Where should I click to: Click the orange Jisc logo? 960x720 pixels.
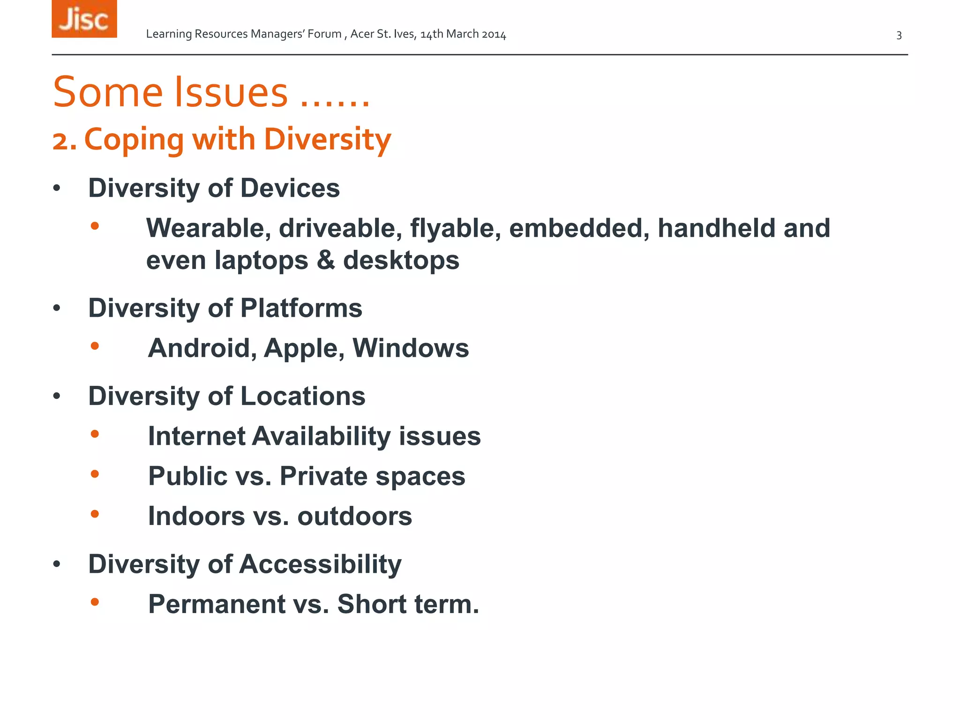pos(84,19)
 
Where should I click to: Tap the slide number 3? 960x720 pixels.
pos(899,36)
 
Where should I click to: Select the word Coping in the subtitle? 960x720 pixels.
pos(134,140)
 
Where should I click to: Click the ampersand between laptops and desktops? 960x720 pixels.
pos(326,261)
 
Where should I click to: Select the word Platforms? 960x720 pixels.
pos(301,308)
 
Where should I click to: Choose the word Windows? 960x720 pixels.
pos(410,348)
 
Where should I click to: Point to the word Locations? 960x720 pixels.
pos(303,397)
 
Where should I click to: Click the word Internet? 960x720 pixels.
pos(197,436)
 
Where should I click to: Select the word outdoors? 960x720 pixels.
pos(354,516)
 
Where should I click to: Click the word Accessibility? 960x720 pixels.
pos(321,564)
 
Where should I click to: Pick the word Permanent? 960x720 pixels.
pos(217,604)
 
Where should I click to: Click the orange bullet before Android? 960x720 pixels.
pos(95,346)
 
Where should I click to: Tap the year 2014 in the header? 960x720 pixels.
pos(494,34)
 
